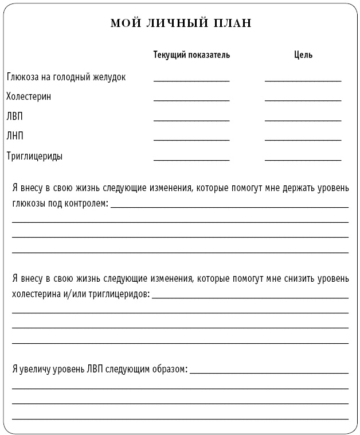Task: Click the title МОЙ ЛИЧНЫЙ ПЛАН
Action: [x=180, y=24]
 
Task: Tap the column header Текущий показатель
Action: [x=191, y=55]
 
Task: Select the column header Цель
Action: [x=303, y=55]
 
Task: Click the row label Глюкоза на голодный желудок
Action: [x=66, y=77]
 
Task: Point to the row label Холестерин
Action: [x=29, y=96]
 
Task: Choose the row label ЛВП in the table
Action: [x=15, y=116]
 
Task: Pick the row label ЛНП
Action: [x=15, y=136]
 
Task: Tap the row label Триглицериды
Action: [x=34, y=156]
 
